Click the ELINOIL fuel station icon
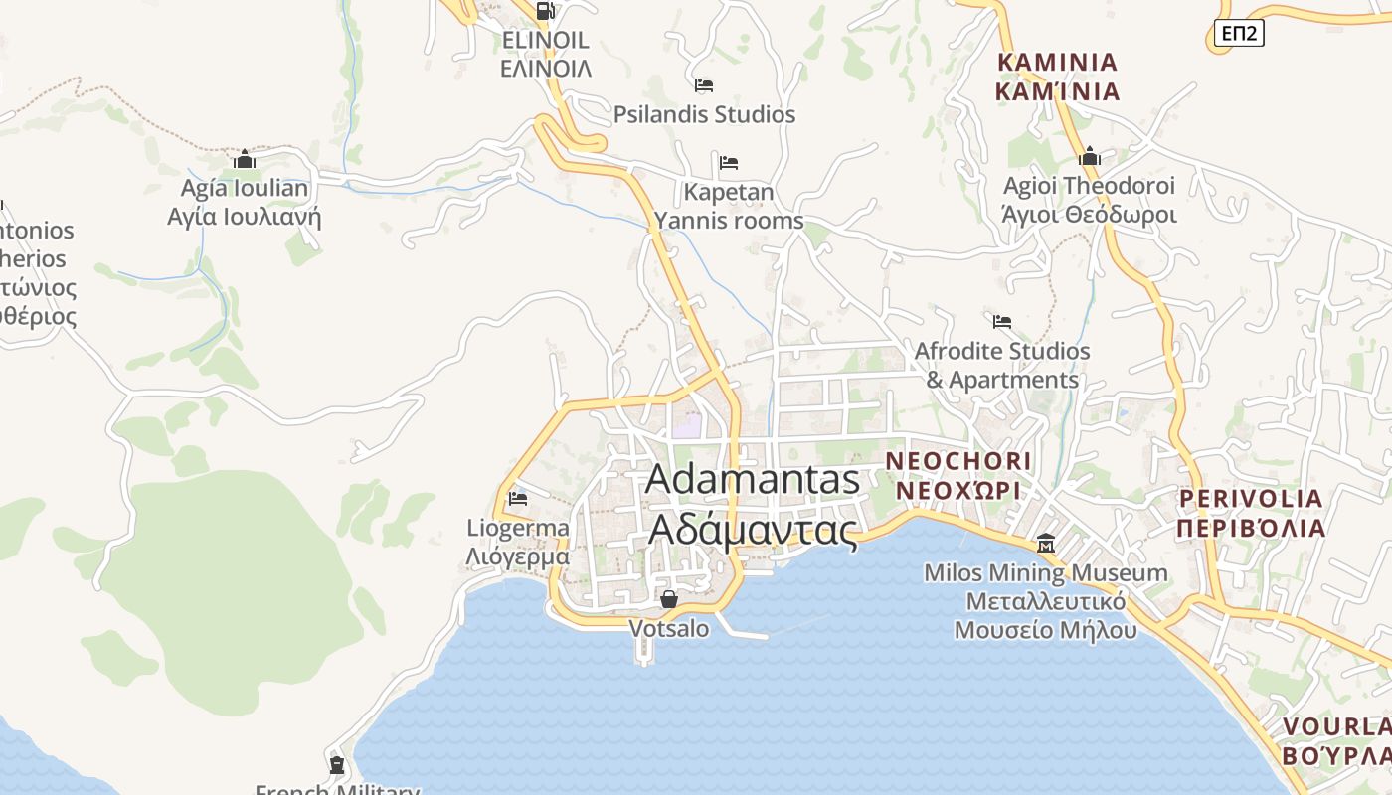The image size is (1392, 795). [x=545, y=11]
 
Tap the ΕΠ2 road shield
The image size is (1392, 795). [x=1239, y=34]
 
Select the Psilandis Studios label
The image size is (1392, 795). [x=704, y=114]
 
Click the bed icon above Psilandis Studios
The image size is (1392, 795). [x=704, y=85]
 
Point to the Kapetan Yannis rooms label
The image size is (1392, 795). [x=728, y=206]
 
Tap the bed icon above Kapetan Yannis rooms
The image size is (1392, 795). [x=729, y=162]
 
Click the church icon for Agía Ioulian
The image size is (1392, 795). [x=245, y=159]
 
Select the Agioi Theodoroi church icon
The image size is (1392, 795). [x=1090, y=156]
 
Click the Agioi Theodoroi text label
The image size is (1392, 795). [x=1089, y=200]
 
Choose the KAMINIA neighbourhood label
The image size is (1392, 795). [x=1058, y=77]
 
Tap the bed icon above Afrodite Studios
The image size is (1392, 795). [x=1002, y=322]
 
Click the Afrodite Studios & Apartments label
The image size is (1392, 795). [x=1002, y=366]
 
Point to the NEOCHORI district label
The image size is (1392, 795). [x=958, y=476]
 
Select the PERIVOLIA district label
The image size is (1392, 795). [x=1251, y=513]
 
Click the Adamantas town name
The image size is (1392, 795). [x=753, y=505]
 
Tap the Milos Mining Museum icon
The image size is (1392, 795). [x=1046, y=544]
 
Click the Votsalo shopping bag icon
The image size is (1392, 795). [x=669, y=599]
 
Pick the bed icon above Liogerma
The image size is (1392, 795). [x=517, y=498]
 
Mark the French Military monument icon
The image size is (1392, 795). [x=337, y=765]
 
